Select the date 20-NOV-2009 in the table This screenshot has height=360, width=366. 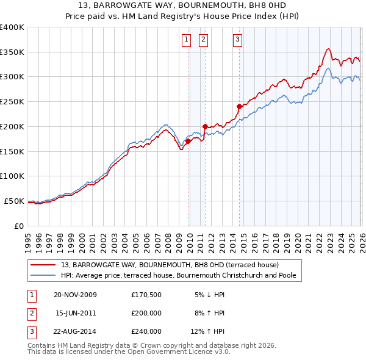click(76, 295)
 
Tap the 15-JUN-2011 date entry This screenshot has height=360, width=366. click(76, 313)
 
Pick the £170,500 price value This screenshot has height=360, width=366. click(146, 295)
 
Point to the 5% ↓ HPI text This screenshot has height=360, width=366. click(209, 295)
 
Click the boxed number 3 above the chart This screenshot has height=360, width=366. click(237, 40)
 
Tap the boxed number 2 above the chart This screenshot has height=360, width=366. click(203, 40)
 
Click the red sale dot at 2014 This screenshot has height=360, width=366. click(239, 106)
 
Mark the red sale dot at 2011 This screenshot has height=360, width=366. click(205, 126)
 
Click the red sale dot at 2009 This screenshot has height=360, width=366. click(188, 141)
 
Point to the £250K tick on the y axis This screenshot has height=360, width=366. click(12, 101)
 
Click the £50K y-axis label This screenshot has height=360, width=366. click(14, 201)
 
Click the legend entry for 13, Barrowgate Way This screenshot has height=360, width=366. click(170, 265)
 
